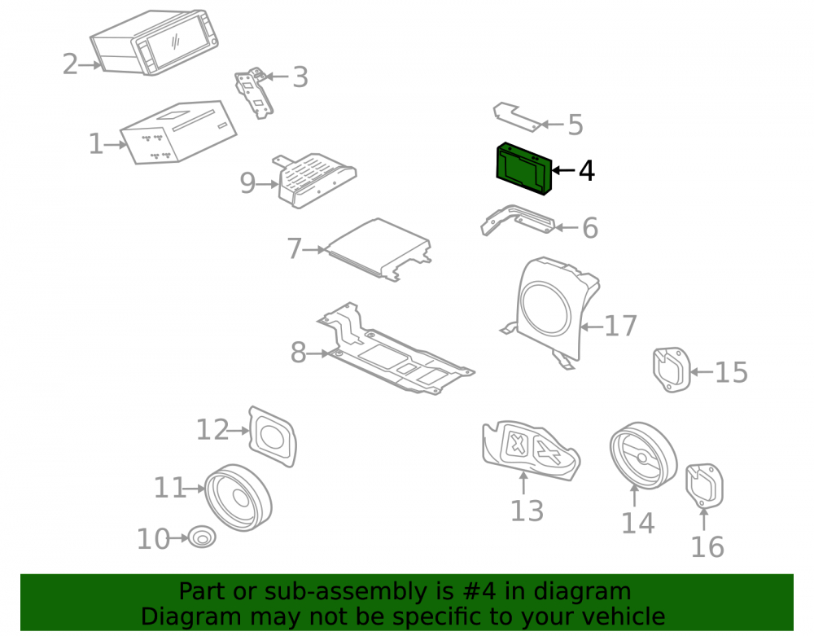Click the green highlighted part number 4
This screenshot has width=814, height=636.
pos(523,169)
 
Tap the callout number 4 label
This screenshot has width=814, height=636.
pos(587,171)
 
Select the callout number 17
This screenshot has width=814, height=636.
pos(621,326)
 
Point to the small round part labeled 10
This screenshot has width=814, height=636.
pos(201,537)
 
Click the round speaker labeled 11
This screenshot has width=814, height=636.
pos(239,498)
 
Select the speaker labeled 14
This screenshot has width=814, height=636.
pos(643,456)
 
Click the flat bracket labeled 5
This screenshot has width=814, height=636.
pos(518,116)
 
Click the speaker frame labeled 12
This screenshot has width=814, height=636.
pos(273,436)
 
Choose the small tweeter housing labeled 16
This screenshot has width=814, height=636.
pos(704,486)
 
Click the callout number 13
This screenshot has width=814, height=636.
pos(527,511)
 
